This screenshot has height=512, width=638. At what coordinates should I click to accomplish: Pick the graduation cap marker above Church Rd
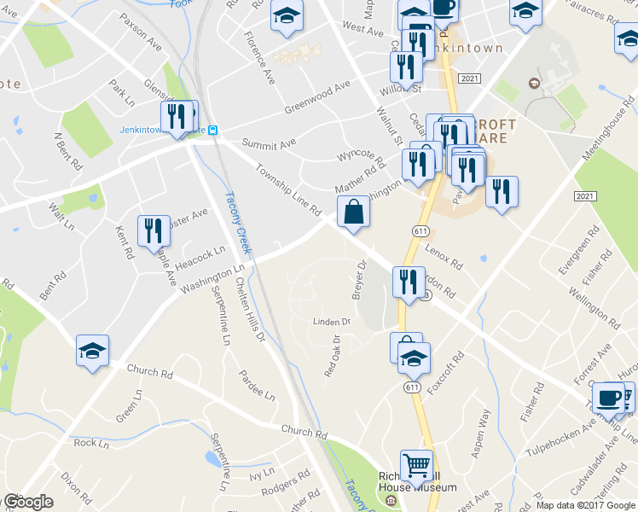(92, 351)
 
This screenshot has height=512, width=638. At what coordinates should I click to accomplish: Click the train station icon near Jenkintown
(213, 131)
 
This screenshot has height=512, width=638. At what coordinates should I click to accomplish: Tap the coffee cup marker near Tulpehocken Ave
(609, 397)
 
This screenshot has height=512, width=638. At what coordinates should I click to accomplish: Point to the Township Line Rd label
(287, 190)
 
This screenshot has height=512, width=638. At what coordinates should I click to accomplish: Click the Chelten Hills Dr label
(251, 307)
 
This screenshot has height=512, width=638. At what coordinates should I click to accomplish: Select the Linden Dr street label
(332, 322)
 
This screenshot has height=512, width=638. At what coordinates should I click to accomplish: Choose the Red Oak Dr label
(331, 357)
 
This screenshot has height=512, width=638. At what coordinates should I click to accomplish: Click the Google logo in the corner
(27, 503)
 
